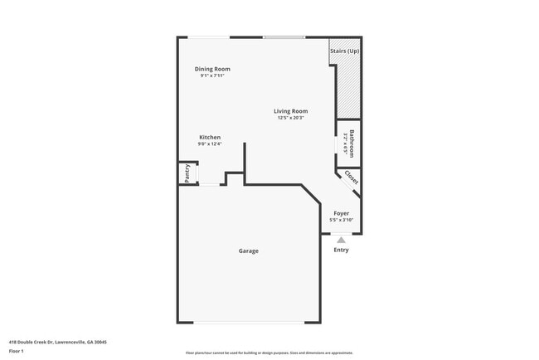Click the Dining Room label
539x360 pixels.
212,69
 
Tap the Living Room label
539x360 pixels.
291,111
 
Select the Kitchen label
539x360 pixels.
210,138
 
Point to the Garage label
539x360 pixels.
249,251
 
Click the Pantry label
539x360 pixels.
187,173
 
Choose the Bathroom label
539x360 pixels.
352,143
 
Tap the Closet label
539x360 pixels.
351,178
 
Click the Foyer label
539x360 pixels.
341,213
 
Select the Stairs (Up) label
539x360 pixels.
344,50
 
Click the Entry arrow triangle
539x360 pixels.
341,240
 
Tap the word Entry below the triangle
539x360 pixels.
341,250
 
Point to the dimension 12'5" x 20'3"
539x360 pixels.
291,118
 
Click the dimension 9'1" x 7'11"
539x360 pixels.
212,75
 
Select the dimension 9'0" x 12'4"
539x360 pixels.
210,144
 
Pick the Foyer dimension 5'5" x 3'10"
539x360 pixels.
341,220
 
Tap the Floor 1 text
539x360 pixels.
17,351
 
